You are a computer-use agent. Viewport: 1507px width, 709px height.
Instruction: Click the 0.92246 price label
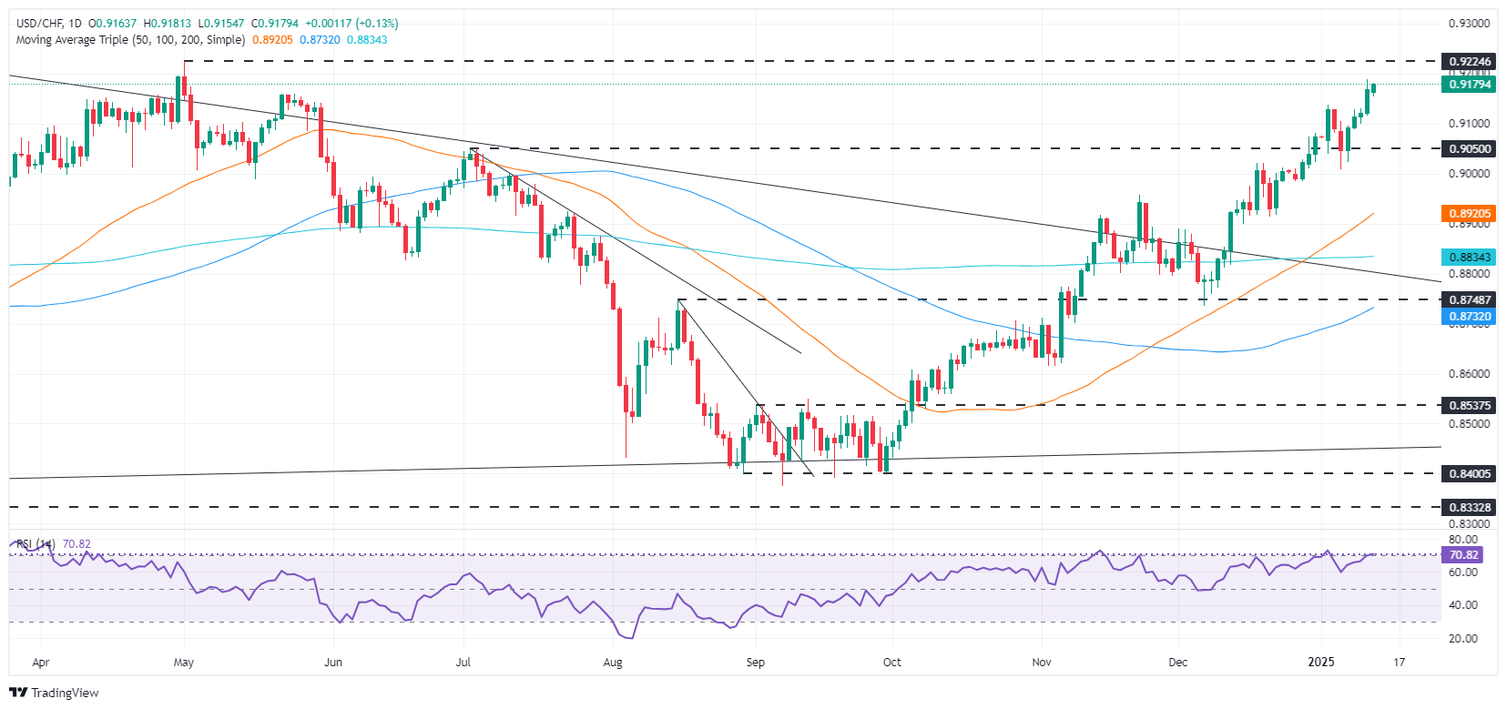pos(1469,62)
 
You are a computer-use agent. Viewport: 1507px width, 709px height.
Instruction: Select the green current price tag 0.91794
pos(1469,85)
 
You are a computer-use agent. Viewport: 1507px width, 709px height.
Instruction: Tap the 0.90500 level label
pos(1469,148)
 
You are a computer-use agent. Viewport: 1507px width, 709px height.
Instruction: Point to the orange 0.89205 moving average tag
pos(1469,214)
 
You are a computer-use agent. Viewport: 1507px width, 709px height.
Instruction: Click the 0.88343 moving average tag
pos(1469,258)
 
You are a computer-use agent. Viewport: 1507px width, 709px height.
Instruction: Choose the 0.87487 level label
pos(1469,299)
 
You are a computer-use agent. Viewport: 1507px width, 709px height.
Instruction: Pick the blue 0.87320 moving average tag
pos(1469,317)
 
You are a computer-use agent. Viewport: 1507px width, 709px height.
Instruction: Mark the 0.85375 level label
pos(1469,405)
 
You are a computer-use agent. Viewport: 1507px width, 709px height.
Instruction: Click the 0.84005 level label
pos(1469,473)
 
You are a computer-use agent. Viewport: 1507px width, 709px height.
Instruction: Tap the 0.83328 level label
pos(1469,507)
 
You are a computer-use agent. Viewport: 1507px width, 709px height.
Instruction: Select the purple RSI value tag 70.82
pos(1463,554)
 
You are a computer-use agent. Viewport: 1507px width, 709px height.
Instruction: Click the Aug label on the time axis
pos(613,662)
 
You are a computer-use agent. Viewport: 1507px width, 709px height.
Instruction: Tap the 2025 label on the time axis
pos(1320,662)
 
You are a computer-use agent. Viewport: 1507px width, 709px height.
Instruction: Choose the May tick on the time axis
pos(184,662)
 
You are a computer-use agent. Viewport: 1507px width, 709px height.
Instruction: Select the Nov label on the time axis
pos(1042,662)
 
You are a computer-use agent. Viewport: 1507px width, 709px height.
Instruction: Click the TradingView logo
pos(55,693)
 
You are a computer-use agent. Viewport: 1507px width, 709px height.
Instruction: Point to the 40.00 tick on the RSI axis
pos(1463,605)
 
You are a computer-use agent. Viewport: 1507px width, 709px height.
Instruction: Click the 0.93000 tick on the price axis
pos(1470,24)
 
